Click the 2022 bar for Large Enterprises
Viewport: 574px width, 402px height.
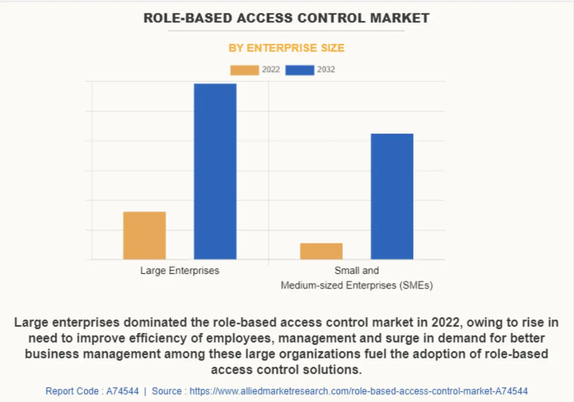point(144,235)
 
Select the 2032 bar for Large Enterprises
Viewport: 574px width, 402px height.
point(215,171)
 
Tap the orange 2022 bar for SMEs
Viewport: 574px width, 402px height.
point(321,251)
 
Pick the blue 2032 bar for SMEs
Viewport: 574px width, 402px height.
point(392,196)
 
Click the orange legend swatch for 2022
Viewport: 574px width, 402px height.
point(245,70)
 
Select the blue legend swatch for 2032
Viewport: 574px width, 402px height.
point(300,70)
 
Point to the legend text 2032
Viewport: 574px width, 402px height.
point(326,70)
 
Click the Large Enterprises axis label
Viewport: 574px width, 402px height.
point(179,271)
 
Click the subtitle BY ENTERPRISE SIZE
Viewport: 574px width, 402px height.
point(287,48)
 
